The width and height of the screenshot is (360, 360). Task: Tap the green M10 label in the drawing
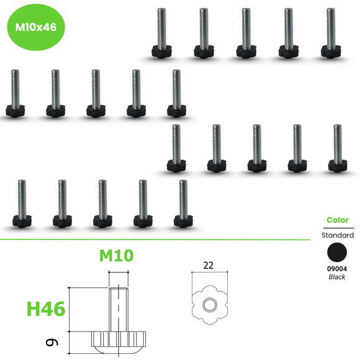pos(117,255)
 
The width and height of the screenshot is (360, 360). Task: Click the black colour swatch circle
pos(337,253)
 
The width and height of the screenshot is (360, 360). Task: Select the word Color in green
pos(337,220)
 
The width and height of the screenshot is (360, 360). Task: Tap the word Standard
pos(337,235)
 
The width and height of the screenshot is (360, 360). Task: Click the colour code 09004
pos(337,269)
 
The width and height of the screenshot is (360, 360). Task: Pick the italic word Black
pos(337,277)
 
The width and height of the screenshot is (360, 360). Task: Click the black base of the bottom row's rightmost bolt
pos(182,220)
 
